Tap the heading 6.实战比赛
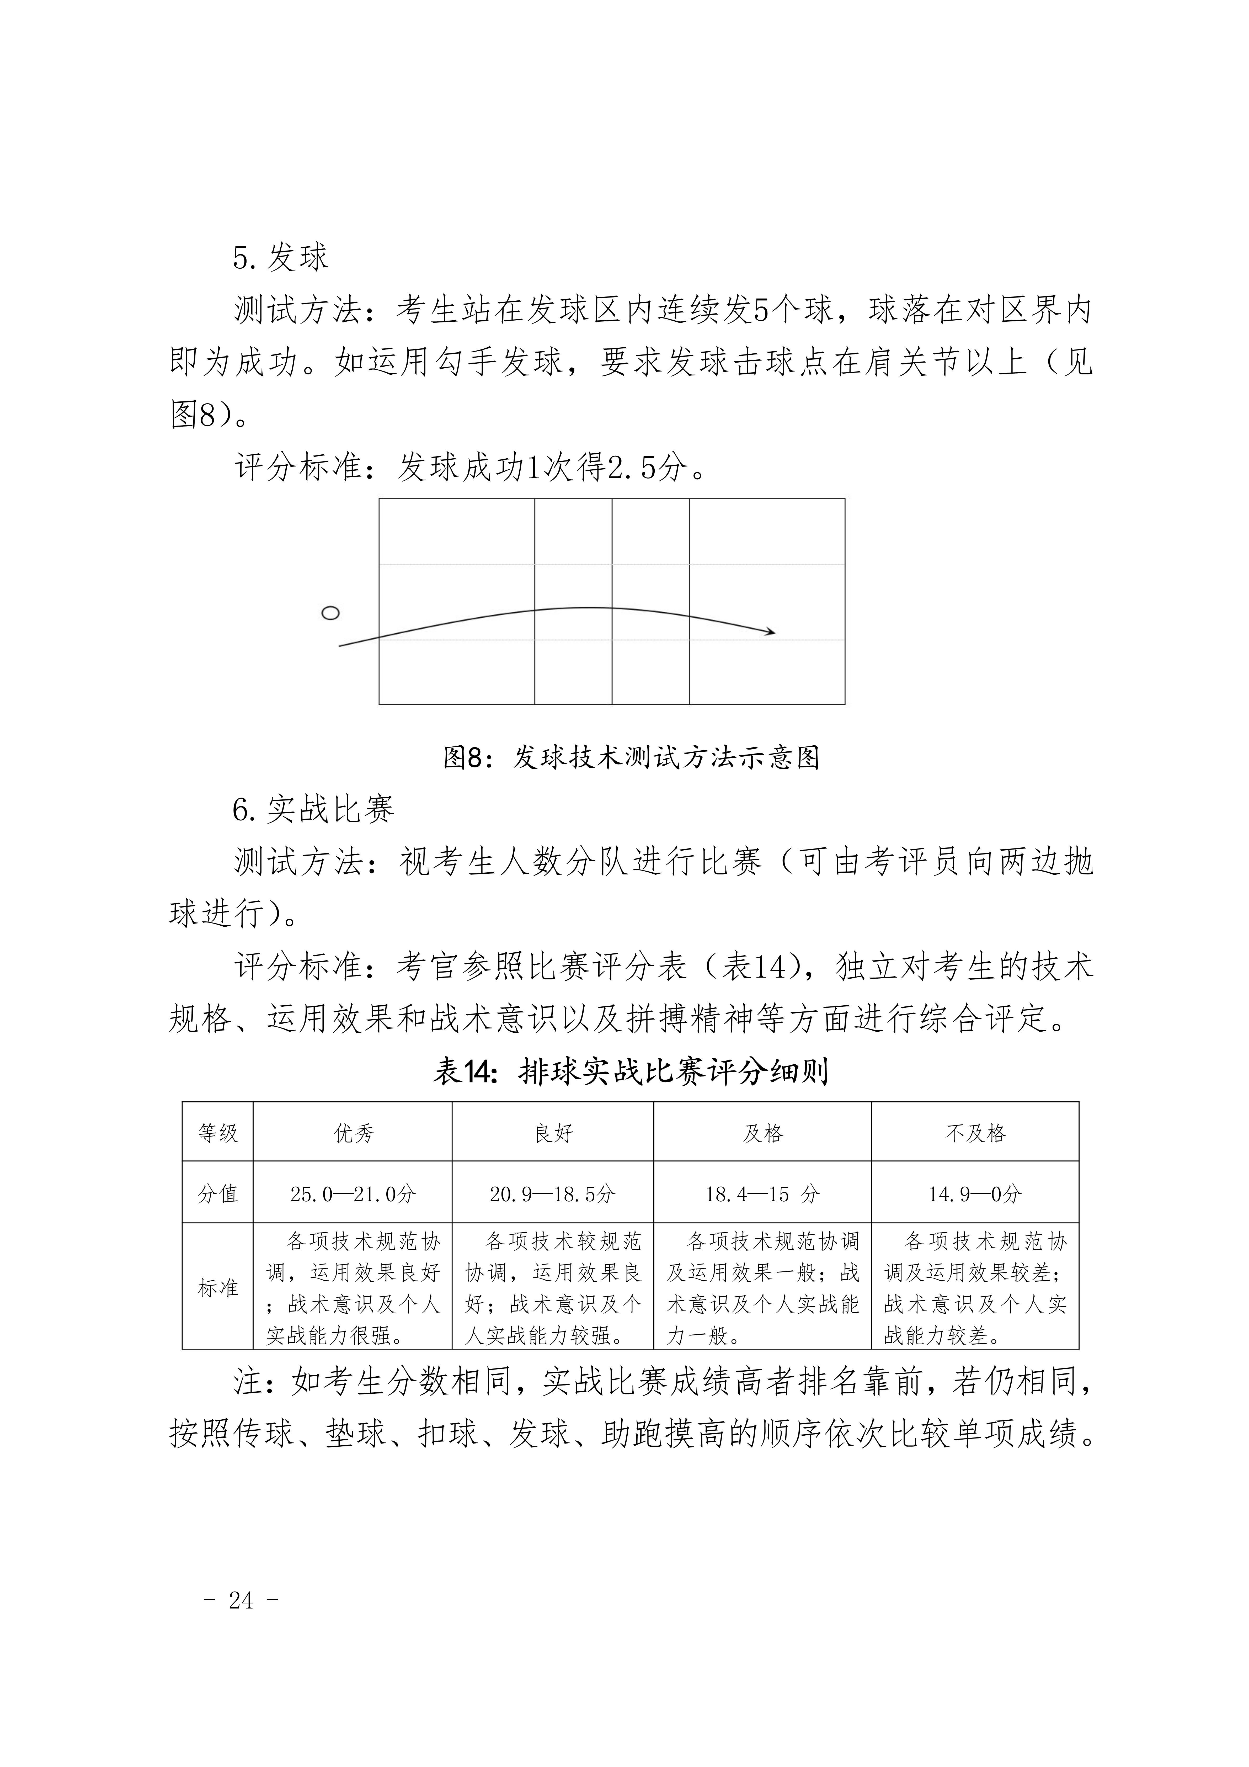pos(313,809)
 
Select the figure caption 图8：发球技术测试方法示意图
pos(631,758)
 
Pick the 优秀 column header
pos(353,1134)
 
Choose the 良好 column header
pos(553,1134)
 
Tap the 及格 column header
pos(763,1134)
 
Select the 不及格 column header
pos(975,1134)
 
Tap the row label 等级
pos(218,1134)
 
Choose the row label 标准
pos(218,1288)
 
